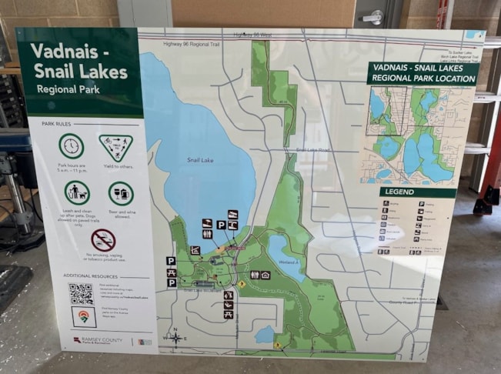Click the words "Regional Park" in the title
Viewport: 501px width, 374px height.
point(67,89)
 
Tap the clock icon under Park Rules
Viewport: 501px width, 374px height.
point(72,145)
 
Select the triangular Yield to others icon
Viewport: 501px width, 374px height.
point(115,146)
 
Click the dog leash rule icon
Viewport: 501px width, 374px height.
point(77,192)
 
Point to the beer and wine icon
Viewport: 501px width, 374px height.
point(121,193)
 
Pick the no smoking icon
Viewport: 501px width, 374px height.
point(102,239)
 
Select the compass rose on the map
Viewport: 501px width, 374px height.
point(176,337)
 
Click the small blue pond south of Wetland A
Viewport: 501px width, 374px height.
point(266,334)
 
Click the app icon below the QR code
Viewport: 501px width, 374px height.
point(83,316)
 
